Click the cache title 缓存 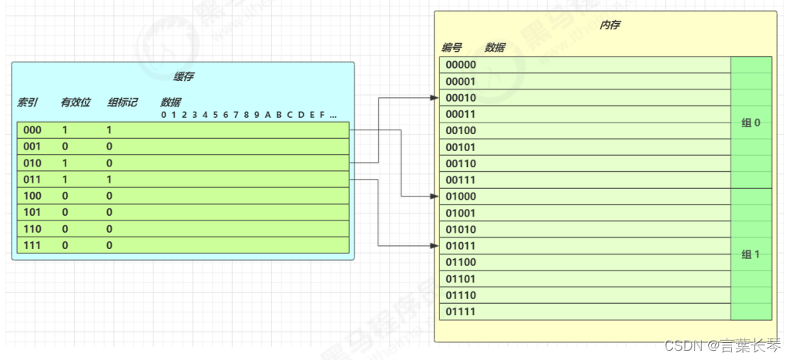(183, 77)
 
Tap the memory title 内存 (610, 25)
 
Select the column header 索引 (28, 103)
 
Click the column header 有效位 (76, 103)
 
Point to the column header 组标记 (123, 103)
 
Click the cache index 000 (32, 130)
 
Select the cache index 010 (32, 163)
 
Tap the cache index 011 (32, 180)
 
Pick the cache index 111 (32, 245)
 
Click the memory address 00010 (462, 98)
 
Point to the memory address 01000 (462, 197)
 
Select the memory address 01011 (462, 246)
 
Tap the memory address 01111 (462, 311)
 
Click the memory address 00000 (462, 65)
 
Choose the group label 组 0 (751, 123)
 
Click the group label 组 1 (751, 254)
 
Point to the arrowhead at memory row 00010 (435, 98)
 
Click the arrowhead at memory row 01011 (435, 246)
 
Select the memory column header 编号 (452, 48)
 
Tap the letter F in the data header (321, 116)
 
